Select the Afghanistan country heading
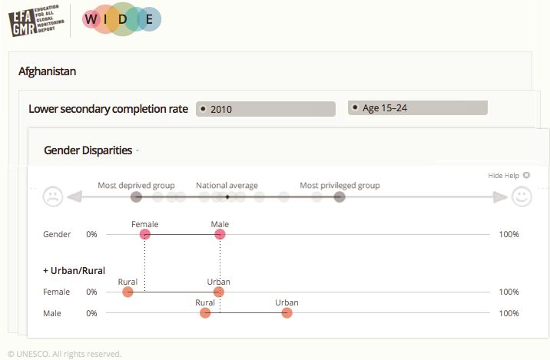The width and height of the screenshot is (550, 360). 47,71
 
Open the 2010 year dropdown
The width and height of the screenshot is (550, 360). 265,109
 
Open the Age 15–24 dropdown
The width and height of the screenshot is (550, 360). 417,108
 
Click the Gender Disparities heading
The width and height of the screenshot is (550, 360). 88,150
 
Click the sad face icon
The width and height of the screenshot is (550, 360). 52,197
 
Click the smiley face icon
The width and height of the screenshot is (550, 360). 522,197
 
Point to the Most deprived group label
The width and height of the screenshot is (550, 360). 136,186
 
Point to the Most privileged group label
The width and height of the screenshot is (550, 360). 340,186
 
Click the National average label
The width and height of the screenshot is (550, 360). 227,186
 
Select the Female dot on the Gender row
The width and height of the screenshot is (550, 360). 144,234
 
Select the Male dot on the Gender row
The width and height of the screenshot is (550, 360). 220,234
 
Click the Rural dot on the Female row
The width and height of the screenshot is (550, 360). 128,292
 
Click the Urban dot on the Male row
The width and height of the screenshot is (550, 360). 287,313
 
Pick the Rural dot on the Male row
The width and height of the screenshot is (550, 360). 204,313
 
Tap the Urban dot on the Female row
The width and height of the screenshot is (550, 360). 219,292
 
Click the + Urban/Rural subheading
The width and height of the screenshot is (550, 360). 74,270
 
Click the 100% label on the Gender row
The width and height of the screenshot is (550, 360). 509,234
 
